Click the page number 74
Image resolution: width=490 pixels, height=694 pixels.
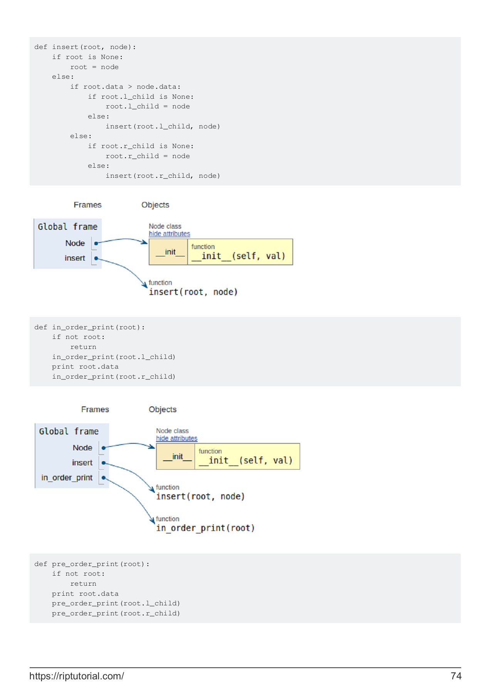pyautogui.click(x=456, y=676)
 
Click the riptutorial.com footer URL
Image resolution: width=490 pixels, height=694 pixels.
pyautogui.click(x=77, y=676)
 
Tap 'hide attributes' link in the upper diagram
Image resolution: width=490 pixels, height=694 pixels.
pyautogui.click(x=169, y=234)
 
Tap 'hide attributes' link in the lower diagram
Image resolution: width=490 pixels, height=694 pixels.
pyautogui.click(x=176, y=438)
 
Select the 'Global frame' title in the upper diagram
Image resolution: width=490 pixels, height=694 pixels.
pyautogui.click(x=67, y=227)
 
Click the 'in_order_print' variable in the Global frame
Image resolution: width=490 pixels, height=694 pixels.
pyautogui.click(x=67, y=478)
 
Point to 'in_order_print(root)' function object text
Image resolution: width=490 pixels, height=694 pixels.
pyautogui.click(x=205, y=528)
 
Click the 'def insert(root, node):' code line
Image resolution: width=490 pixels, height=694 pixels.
pyautogui.click(x=85, y=47)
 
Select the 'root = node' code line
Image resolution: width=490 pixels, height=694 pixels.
pyautogui.click(x=94, y=67)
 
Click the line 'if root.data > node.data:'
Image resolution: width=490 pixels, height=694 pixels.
pyautogui.click(x=125, y=87)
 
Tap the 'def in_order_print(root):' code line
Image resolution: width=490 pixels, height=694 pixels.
pyautogui.click(x=89, y=327)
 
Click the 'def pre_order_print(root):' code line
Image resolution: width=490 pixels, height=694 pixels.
pyautogui.click(x=92, y=564)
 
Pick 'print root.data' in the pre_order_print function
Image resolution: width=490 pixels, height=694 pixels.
pyautogui.click(x=85, y=594)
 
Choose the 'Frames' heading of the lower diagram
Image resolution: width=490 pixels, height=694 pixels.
pyautogui.click(x=95, y=409)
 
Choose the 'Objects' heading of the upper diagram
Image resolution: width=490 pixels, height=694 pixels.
pyautogui.click(x=155, y=205)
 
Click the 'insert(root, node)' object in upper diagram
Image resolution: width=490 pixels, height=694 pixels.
pyautogui.click(x=193, y=292)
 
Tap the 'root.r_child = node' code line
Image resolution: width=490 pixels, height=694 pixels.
pyautogui.click(x=148, y=156)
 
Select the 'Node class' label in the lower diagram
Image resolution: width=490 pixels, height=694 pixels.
pyautogui.click(x=172, y=431)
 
